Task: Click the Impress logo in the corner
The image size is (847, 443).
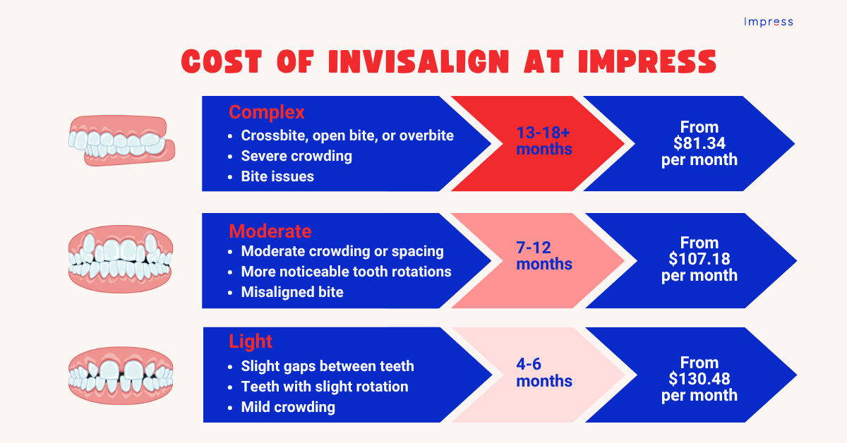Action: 768,22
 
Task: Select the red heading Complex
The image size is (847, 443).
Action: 266,112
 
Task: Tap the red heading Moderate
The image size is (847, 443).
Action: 270,231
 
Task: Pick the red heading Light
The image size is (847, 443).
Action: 250,342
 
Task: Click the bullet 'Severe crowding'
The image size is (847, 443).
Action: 296,156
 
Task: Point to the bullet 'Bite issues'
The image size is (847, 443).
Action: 277,176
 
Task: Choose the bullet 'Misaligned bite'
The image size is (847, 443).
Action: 292,292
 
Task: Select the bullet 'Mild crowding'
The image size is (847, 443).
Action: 288,407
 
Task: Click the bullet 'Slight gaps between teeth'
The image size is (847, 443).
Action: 328,366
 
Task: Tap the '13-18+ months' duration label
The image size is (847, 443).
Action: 543,141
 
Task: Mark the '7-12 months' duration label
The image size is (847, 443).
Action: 543,256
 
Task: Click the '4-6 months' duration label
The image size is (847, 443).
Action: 543,372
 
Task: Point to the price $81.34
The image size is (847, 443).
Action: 699,143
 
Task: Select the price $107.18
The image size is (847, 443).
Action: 699,259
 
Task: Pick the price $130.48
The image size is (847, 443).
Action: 699,379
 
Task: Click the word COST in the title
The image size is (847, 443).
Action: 225,62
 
